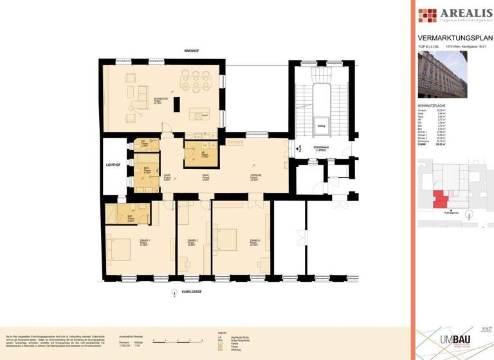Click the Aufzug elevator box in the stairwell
pos(320,127)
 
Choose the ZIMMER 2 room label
pos(192,242)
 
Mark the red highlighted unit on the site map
pos(439,199)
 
